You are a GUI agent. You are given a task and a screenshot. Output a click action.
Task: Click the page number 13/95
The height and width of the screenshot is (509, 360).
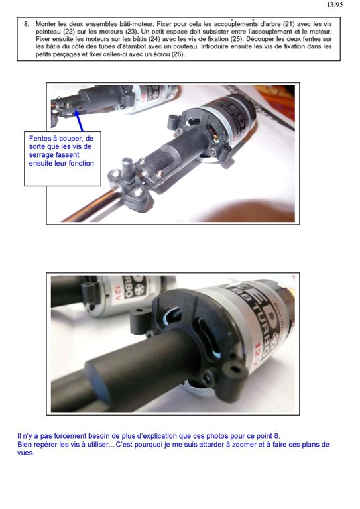click(x=335, y=5)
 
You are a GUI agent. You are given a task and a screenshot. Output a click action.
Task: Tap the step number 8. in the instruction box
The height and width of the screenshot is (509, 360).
click(x=27, y=24)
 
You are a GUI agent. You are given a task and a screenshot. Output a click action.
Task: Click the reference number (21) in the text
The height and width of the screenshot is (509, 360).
click(x=288, y=24)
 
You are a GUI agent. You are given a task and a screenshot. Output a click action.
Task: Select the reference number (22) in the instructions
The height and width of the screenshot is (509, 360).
click(x=68, y=32)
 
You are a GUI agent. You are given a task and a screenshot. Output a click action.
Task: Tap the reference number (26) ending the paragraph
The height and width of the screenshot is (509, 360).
click(x=178, y=54)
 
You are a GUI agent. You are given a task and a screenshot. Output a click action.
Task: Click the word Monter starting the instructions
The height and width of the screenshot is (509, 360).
click(x=46, y=24)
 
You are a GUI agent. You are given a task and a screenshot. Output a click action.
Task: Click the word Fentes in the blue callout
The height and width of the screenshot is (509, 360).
click(x=39, y=139)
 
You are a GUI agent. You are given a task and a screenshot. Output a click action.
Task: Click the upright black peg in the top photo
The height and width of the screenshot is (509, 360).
click(x=127, y=168)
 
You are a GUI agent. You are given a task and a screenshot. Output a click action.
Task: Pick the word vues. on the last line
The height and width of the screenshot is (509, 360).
click(x=26, y=453)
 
